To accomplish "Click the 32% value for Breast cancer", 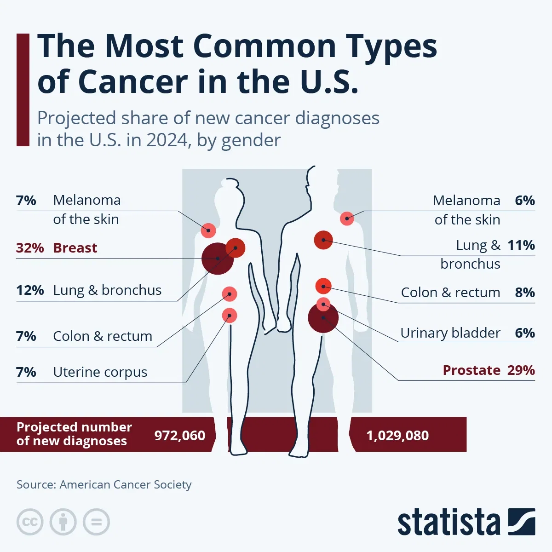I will click(x=30, y=248).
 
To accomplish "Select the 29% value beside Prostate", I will click(x=521, y=370).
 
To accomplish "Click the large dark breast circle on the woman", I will click(x=217, y=259).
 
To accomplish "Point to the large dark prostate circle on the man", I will click(x=323, y=317).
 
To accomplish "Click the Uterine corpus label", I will click(x=100, y=372).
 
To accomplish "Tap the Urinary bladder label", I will click(x=450, y=333).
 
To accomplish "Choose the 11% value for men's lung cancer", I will click(x=521, y=245).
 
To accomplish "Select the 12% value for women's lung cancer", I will click(x=30, y=290).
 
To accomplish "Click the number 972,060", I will click(x=180, y=436).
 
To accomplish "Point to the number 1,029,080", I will click(x=397, y=436).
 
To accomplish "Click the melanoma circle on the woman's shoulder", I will click(x=208, y=230).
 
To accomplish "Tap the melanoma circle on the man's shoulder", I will click(x=347, y=218).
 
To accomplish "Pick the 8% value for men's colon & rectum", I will click(x=525, y=293).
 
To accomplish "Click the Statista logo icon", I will click(x=522, y=522).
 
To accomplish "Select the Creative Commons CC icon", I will click(x=30, y=522).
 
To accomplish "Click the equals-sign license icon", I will click(x=97, y=522).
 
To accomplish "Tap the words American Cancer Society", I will click(x=126, y=485).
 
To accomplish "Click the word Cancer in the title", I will click(x=132, y=82).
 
